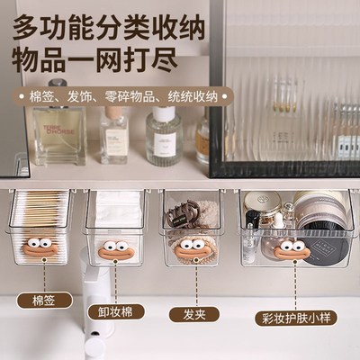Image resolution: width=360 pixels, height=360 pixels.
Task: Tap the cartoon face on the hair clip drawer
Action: (191, 248)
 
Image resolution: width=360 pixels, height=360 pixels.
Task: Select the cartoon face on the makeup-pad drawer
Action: (113, 249)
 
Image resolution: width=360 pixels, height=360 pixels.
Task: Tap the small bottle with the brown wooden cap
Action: (114, 134)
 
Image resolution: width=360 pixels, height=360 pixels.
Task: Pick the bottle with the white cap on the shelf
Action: (164, 135)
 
